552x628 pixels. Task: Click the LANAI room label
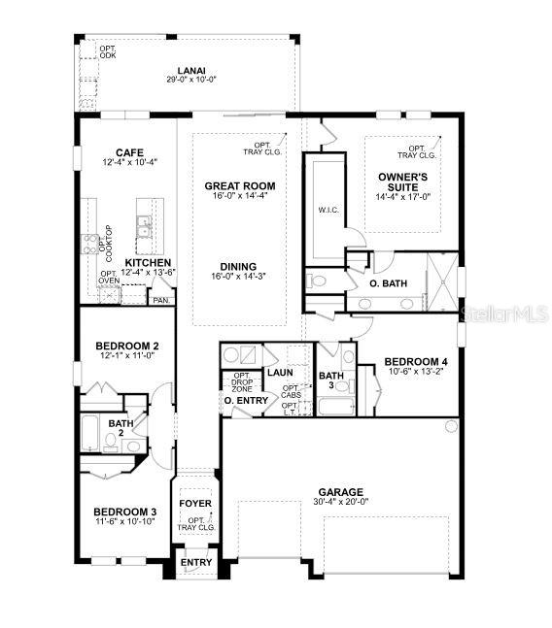click(190, 70)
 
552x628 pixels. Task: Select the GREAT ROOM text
click(239, 185)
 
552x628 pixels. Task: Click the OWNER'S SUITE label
click(398, 182)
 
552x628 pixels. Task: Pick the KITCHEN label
click(149, 263)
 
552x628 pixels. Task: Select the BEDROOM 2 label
click(127, 346)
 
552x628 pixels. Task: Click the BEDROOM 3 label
click(124, 512)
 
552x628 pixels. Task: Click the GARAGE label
click(339, 491)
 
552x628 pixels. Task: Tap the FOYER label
click(195, 504)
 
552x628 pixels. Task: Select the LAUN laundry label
click(280, 372)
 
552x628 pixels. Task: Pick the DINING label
click(237, 266)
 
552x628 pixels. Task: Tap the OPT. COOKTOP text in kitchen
click(105, 245)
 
